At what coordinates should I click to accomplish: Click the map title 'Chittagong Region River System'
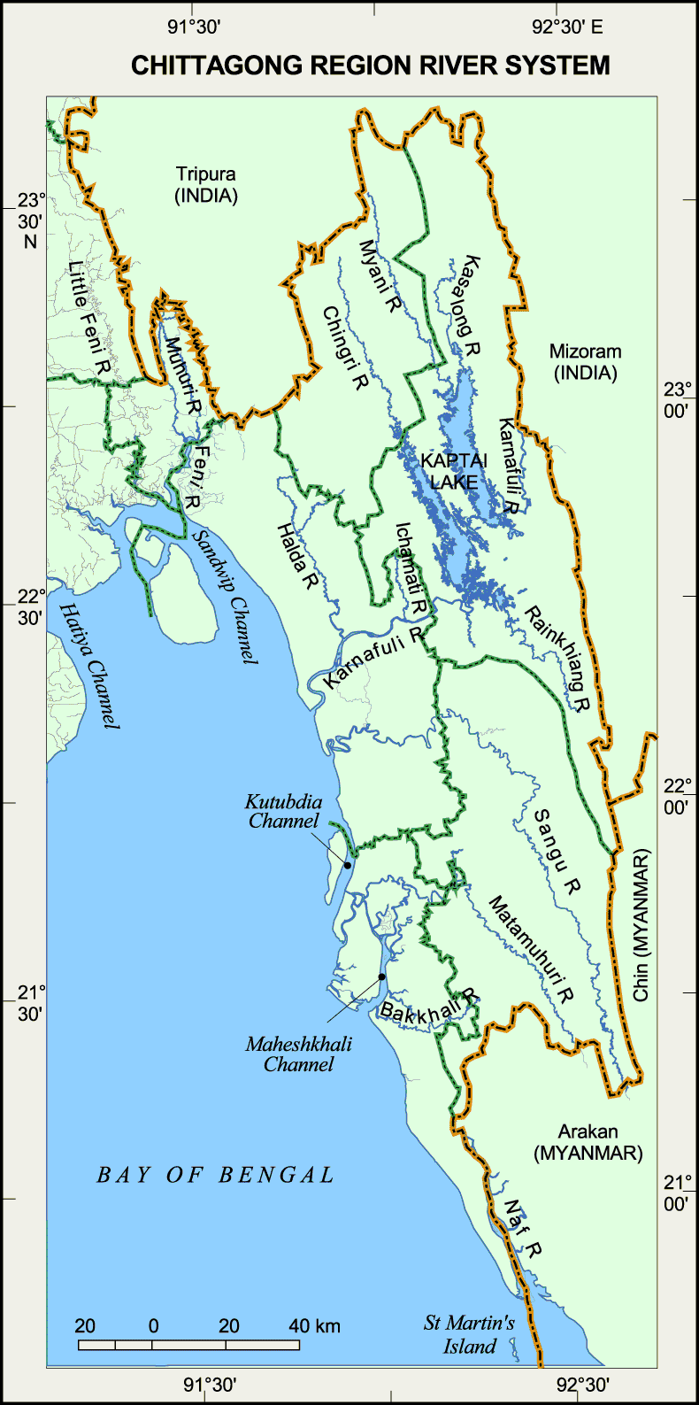tap(371, 66)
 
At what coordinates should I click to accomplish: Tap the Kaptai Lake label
tap(454, 471)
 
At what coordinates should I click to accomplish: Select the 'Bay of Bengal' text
tap(216, 1175)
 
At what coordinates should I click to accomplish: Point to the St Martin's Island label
tap(469, 1335)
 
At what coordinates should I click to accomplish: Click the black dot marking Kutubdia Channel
tap(348, 865)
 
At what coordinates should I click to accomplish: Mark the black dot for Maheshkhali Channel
tap(382, 977)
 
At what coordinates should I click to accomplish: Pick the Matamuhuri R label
tap(531, 949)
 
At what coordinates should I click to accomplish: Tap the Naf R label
tap(522, 1229)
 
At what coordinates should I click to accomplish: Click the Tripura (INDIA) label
tap(206, 185)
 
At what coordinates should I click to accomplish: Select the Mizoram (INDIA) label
tap(585, 362)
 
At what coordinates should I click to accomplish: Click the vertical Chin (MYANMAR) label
tap(641, 925)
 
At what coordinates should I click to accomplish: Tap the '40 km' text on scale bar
tap(314, 1325)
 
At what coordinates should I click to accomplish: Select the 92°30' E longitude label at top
tap(567, 27)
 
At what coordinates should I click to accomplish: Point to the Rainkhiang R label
tap(557, 659)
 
